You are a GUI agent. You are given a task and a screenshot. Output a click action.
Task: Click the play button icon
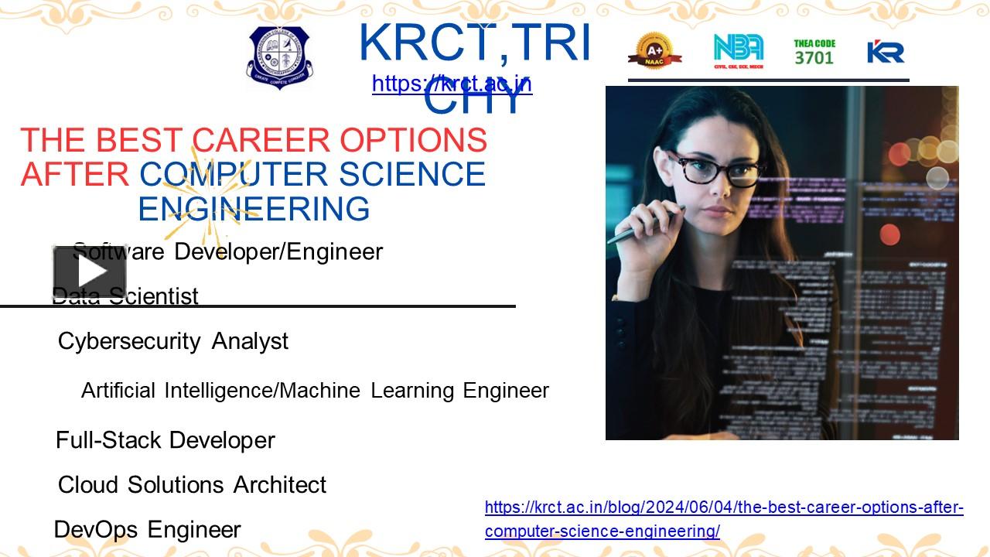[90, 272]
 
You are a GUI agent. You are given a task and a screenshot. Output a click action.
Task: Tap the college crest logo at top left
[278, 57]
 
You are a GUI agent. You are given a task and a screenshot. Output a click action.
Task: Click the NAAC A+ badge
[654, 51]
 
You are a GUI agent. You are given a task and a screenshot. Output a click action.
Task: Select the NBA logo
[738, 51]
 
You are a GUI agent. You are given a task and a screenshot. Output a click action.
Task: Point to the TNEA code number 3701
[814, 58]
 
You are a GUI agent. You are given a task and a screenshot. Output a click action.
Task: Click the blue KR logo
[886, 52]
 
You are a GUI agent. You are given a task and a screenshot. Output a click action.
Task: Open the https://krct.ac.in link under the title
[452, 84]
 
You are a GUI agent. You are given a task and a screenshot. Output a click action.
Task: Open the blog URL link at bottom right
[724, 519]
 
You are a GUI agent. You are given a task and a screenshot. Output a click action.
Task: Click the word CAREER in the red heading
[261, 140]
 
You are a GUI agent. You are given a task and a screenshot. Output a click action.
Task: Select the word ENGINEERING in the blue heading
[254, 209]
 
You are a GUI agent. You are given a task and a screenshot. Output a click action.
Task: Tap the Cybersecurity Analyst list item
[173, 341]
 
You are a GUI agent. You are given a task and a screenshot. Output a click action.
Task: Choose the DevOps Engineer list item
[148, 530]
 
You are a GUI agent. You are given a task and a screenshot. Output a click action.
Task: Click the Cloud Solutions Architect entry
[192, 485]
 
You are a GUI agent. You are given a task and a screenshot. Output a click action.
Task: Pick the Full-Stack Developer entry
[166, 440]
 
